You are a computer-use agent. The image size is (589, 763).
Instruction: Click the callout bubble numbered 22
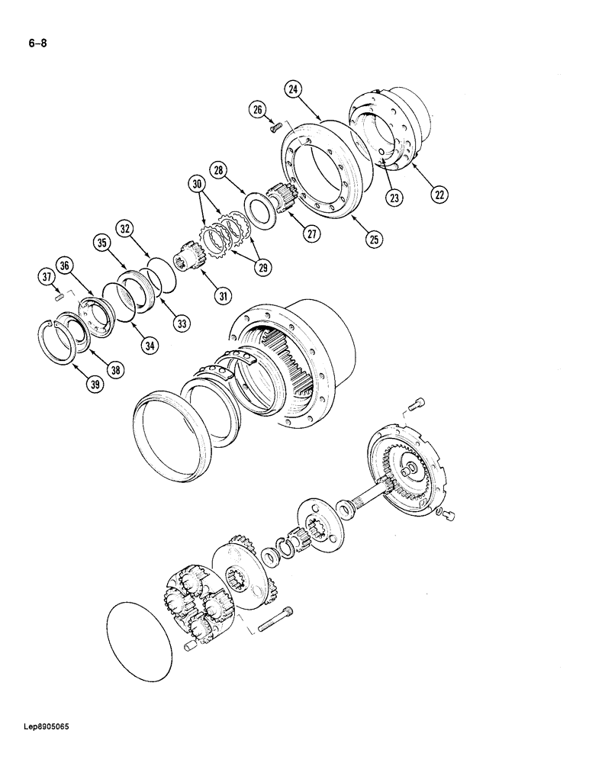tap(437, 195)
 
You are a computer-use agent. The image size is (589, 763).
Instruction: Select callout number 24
tap(294, 89)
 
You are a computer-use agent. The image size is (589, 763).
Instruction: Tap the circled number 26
tap(257, 111)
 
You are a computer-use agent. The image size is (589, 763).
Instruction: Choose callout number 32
tap(125, 228)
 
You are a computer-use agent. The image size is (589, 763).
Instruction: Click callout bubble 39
tap(94, 385)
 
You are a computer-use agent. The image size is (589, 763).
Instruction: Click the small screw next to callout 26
tap(276, 127)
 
